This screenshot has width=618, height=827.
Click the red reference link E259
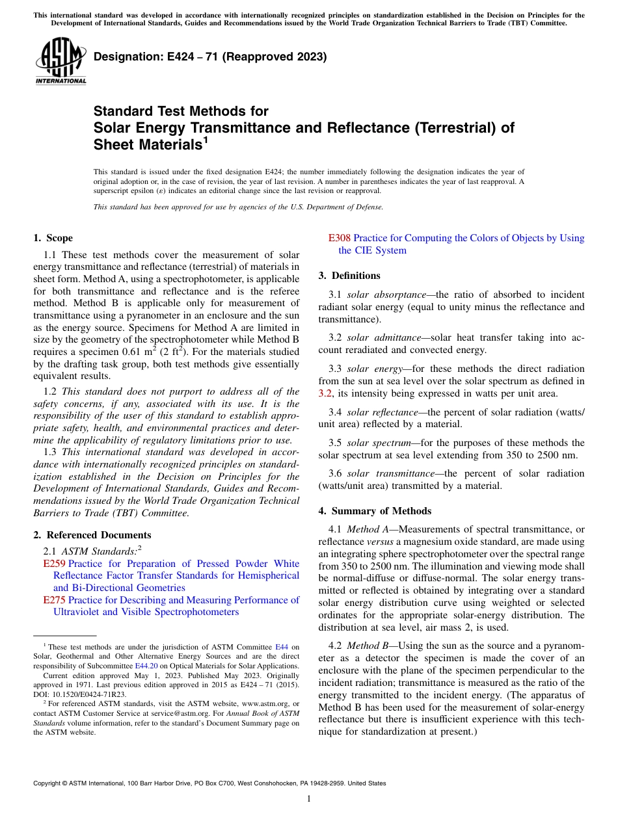coord(54,564)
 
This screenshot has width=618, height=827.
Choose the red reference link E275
coord(54,600)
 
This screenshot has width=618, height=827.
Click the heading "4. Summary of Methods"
coord(375,511)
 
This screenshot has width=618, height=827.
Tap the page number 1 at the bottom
coord(309,799)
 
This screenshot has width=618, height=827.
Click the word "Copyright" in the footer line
coord(49,783)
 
